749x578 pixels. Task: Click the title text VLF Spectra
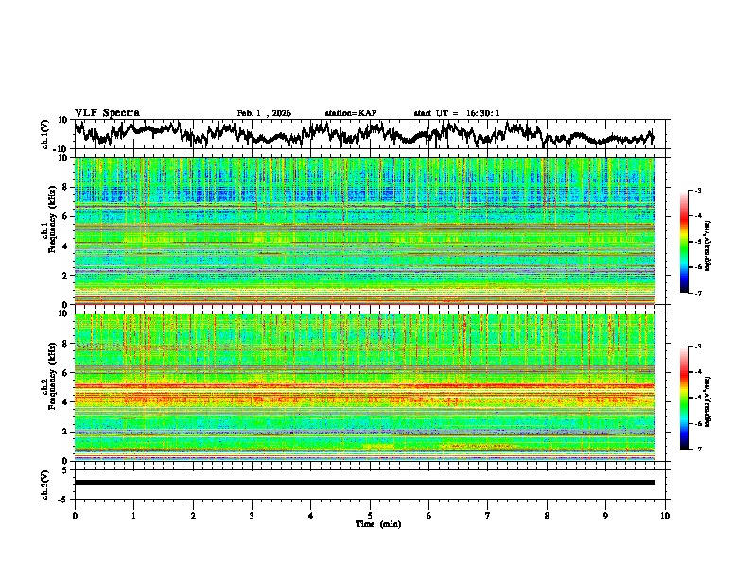coord(107,112)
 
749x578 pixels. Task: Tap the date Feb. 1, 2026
coord(264,113)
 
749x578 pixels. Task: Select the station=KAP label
coord(350,113)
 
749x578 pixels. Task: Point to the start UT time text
coord(457,113)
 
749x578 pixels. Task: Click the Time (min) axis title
coord(377,523)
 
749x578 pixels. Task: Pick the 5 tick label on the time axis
coord(370,514)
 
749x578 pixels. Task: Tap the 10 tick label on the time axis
coord(665,514)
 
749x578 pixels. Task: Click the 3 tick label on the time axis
coord(252,514)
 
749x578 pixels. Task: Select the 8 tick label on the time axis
coord(547,514)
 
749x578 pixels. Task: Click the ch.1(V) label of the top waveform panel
coord(45,134)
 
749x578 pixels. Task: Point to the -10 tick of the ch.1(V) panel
coord(59,149)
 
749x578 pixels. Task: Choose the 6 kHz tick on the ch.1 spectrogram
coord(63,217)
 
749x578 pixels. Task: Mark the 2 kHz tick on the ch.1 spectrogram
coord(63,276)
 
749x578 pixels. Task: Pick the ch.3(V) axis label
coord(45,483)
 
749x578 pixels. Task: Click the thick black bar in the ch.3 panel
coord(365,483)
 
